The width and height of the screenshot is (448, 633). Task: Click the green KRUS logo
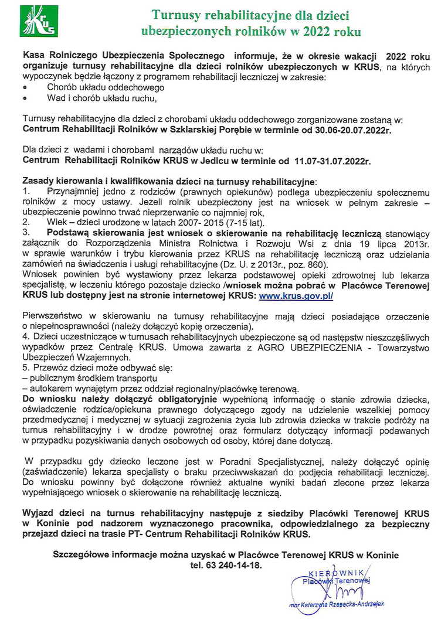click(38, 21)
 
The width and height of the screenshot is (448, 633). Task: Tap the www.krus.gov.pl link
click(296, 297)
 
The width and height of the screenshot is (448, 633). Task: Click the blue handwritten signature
click(341, 593)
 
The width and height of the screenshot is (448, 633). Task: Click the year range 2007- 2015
click(175, 223)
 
